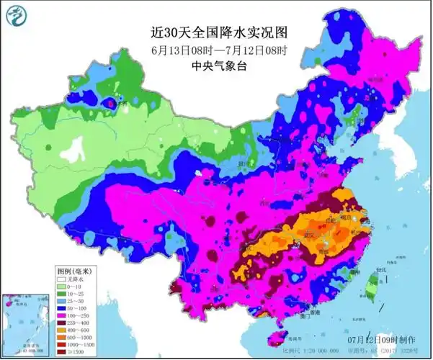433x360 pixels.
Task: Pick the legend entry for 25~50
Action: tap(72, 301)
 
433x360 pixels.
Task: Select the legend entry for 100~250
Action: tap(72, 316)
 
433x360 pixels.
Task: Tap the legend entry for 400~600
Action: tap(72, 331)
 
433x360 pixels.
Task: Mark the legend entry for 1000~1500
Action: tap(72, 346)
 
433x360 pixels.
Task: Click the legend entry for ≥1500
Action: tap(72, 354)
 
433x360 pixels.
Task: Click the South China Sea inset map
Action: tap(22, 321)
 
